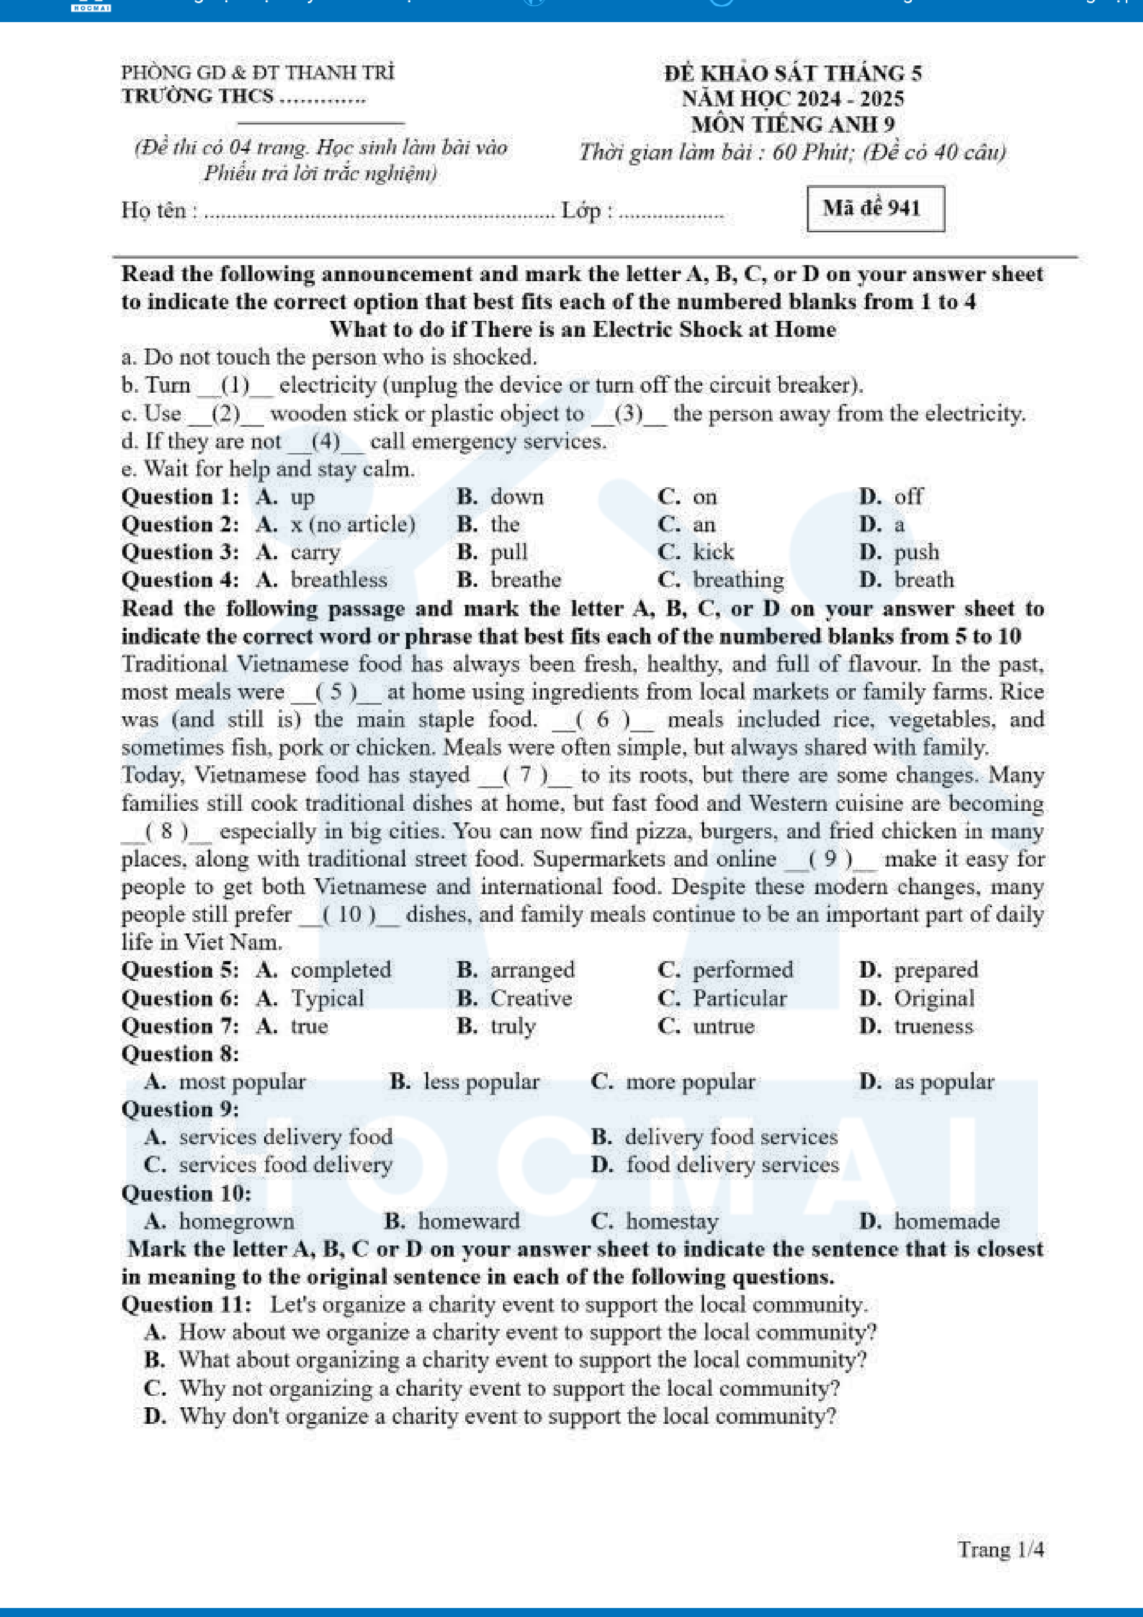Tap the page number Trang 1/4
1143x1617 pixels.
pos(1000,1549)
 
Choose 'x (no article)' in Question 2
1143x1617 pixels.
pos(352,525)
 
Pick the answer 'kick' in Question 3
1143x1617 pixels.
pos(713,552)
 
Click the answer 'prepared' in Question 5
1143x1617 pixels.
pos(935,970)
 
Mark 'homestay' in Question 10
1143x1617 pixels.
pos(671,1221)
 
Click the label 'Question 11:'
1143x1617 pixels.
pos(186,1304)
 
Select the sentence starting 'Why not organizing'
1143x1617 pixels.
pos(509,1388)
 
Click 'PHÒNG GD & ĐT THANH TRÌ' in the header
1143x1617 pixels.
pos(258,72)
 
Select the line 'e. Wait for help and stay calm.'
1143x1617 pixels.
pos(267,469)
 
